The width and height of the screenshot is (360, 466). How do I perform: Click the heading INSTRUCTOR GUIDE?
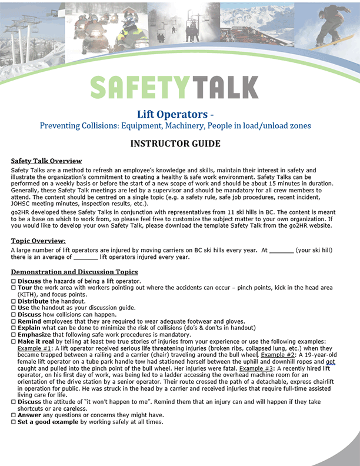175,144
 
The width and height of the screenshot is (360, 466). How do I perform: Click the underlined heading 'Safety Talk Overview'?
46,161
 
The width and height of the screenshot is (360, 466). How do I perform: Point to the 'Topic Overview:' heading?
38,241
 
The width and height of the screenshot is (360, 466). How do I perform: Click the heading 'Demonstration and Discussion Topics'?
75,272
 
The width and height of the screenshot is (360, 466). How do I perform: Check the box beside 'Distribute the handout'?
14,301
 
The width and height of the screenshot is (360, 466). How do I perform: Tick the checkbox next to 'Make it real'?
14,342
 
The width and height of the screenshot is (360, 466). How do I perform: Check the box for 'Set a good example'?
14,422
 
